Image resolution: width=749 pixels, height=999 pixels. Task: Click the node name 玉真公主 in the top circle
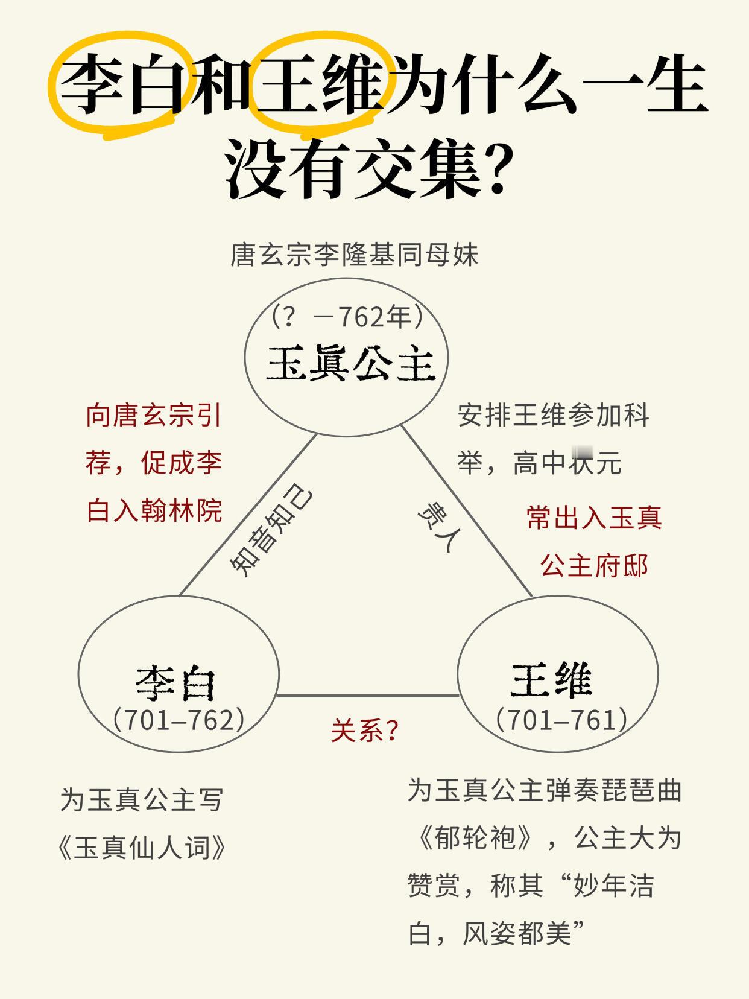350,363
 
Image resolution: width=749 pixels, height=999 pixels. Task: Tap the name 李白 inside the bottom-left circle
175,683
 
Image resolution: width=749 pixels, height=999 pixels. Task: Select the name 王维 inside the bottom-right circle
551,680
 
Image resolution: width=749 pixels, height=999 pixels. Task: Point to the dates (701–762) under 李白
179,720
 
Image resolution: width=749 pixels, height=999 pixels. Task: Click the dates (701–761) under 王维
561,720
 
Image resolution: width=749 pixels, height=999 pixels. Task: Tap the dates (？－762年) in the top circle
347,317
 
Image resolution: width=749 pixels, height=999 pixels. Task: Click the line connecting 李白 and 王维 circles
367,696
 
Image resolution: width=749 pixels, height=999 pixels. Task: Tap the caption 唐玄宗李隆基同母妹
354,255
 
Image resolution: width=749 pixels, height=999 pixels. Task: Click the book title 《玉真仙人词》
143,848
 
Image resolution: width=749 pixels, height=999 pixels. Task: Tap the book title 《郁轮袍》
475,837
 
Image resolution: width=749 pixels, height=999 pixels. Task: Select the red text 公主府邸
594,566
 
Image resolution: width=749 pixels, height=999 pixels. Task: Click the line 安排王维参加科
552,416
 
